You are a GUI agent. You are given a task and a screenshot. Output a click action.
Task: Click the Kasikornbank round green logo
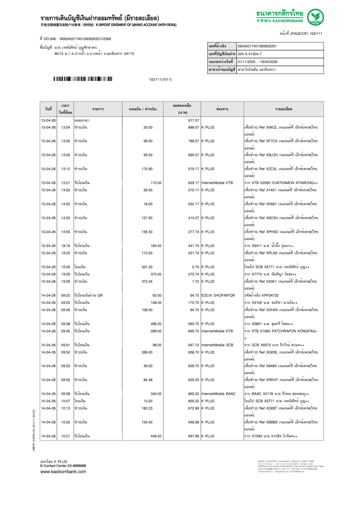pyautogui.click(x=315, y=17)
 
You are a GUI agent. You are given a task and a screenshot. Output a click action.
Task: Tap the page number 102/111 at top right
pyautogui.click(x=316, y=34)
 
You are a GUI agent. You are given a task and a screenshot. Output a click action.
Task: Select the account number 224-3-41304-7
pyautogui.click(x=250, y=54)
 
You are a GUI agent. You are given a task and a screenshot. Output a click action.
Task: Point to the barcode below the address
pyautogui.click(x=83, y=79)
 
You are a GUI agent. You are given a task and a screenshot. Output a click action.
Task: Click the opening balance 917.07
pyautogui.click(x=193, y=120)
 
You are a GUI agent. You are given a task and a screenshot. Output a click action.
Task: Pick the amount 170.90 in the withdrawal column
pyautogui.click(x=147, y=169)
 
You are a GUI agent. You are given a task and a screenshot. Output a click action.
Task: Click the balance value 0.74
pyautogui.click(x=195, y=267)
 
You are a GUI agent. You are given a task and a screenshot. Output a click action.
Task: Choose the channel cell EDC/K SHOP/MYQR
pyautogui.click(x=218, y=295)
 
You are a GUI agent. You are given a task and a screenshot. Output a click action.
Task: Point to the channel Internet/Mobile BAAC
pyautogui.click(x=218, y=394)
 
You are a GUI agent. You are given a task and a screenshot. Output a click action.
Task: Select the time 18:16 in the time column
pyautogui.click(x=65, y=246)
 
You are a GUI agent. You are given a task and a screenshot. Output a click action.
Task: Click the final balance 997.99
pyautogui.click(x=193, y=436)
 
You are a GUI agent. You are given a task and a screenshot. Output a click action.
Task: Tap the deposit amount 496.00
pyautogui.click(x=156, y=324)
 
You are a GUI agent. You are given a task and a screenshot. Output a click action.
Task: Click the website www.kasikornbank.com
pyautogui.click(x=63, y=472)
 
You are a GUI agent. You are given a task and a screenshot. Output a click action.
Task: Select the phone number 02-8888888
pyautogui.click(x=77, y=466)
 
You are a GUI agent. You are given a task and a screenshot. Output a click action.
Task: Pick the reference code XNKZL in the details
pyautogui.click(x=272, y=127)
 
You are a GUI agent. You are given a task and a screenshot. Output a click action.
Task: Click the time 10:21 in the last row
pyautogui.click(x=65, y=436)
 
